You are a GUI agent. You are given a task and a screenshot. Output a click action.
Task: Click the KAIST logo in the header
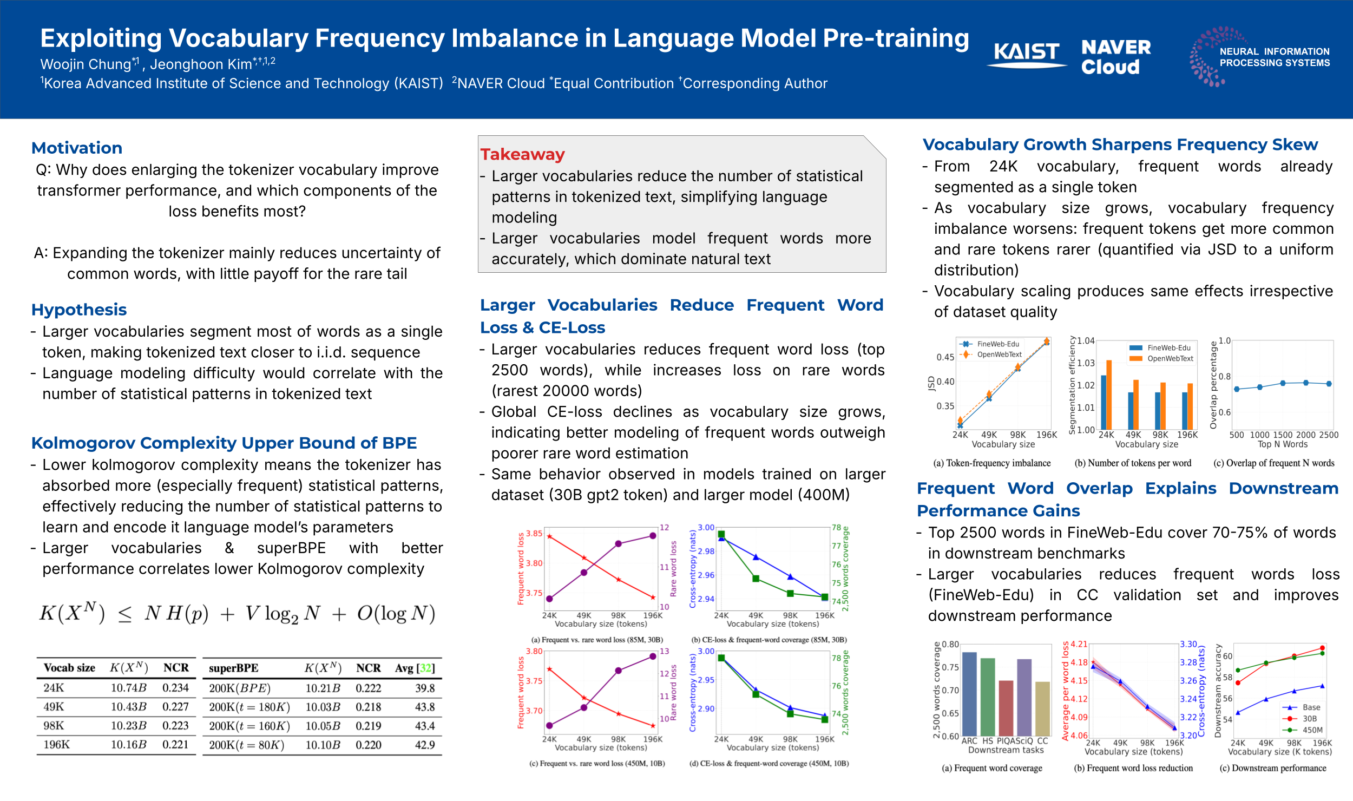pos(1027,55)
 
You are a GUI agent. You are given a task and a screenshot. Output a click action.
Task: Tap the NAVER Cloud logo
pos(1115,56)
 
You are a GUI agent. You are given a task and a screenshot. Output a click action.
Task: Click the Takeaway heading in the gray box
pos(522,154)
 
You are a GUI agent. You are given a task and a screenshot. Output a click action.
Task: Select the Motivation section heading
pos(77,148)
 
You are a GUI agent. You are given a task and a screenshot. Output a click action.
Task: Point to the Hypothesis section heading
pos(79,310)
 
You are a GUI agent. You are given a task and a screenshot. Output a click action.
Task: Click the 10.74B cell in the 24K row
pos(128,688)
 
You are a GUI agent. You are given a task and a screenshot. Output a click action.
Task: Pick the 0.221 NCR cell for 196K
pos(175,745)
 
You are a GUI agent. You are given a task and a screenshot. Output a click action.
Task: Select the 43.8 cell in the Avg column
pos(425,707)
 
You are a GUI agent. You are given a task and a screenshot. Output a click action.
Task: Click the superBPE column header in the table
pos(233,668)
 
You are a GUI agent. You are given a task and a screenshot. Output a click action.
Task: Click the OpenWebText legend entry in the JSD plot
pos(999,354)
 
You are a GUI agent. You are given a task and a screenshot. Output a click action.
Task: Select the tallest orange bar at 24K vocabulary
pos(1109,394)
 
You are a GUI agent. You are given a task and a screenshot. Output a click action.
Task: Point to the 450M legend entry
pos(1312,730)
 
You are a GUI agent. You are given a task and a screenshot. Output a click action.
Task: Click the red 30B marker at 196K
pos(1322,648)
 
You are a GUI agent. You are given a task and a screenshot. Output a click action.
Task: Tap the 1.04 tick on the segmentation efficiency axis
pos(1086,341)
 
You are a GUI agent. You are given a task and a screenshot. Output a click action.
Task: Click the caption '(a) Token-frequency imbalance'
pos(992,463)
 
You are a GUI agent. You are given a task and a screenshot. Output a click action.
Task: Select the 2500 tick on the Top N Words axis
pos(1329,435)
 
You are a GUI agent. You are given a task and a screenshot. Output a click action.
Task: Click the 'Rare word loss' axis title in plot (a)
pos(673,568)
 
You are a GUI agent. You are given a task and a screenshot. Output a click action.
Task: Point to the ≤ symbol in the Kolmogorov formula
pos(124,614)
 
